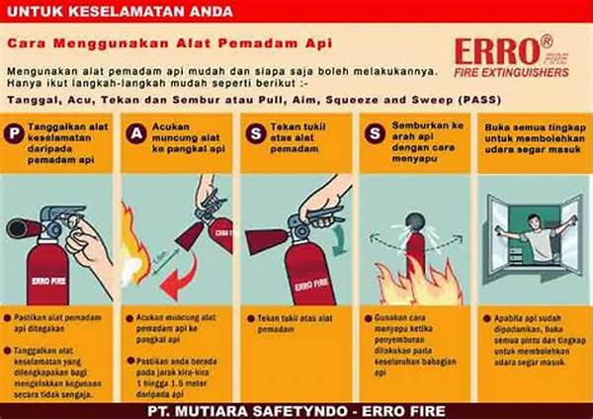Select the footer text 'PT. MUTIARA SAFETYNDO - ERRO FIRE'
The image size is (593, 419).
296,409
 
